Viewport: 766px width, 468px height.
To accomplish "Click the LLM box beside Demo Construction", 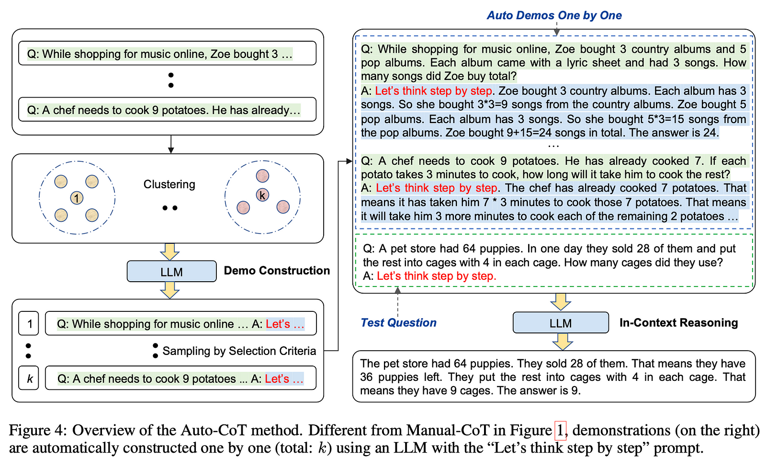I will (x=171, y=272).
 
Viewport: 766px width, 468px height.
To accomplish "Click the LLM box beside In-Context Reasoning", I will (x=560, y=323).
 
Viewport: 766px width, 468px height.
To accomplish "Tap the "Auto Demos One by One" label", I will (x=554, y=15).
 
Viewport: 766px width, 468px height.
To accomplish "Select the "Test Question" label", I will (x=398, y=322).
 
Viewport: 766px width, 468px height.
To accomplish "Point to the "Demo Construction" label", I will (x=277, y=271).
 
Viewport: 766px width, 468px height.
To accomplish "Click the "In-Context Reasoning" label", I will (x=678, y=322).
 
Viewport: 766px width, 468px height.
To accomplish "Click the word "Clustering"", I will (x=169, y=184).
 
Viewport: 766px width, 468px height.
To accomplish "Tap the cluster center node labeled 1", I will (x=77, y=197).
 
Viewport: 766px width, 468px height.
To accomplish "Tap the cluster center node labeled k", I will (x=262, y=195).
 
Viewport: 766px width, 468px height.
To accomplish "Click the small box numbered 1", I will (x=29, y=324).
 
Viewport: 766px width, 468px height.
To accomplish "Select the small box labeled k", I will (x=29, y=378).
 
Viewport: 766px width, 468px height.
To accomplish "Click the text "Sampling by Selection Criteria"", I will (x=239, y=351).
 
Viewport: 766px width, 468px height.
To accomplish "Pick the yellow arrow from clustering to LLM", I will (x=169, y=251).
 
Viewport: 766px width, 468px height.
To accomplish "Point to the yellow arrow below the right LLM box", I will (x=562, y=341).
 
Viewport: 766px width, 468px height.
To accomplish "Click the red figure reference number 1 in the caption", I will (x=560, y=430).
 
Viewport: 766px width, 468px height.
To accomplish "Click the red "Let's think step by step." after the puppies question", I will (x=436, y=276).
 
